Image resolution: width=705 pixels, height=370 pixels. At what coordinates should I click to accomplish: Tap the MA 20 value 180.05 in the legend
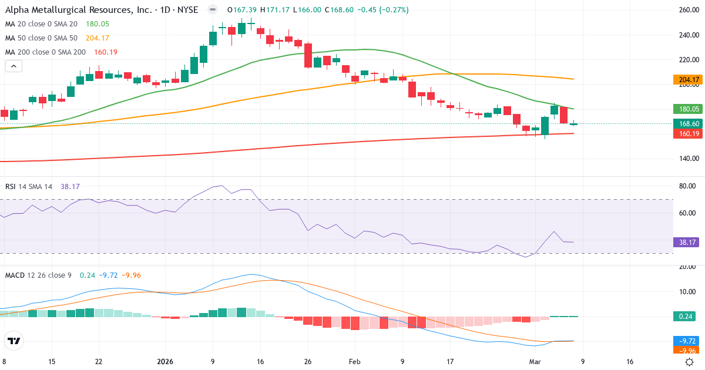(98, 24)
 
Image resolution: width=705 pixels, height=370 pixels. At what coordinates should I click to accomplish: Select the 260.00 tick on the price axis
(688, 11)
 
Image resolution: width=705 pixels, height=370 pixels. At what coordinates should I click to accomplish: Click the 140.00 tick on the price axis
(688, 159)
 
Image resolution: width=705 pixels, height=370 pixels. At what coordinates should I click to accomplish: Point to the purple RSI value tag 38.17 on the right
(684, 241)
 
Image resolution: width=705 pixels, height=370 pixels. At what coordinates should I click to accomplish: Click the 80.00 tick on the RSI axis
(688, 186)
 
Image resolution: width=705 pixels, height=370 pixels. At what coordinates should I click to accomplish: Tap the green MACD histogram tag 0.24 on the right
(684, 317)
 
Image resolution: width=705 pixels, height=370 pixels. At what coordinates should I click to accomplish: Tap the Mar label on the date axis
(535, 362)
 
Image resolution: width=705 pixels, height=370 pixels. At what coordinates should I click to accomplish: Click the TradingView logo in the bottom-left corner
(14, 341)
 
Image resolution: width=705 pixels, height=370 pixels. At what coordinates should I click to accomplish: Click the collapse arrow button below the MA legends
(14, 66)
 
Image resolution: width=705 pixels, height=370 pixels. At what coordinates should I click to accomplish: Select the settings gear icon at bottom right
(691, 362)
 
